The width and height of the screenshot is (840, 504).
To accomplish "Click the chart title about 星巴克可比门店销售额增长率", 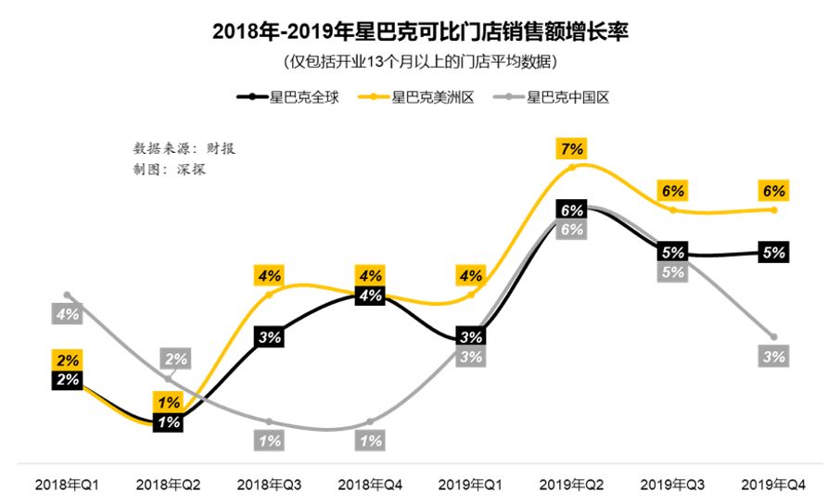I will pos(420,31).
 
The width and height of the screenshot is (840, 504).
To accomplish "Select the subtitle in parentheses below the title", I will pos(420,62).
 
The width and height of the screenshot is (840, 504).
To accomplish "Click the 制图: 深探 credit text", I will pos(170,170).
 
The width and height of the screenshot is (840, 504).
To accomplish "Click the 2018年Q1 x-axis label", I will pos(68,485).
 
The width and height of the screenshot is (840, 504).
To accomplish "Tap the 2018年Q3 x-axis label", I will pos(270,485).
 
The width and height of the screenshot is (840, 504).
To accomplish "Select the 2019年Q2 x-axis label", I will pos(572,485).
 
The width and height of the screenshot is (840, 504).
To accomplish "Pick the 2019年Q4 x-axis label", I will pos(774,485).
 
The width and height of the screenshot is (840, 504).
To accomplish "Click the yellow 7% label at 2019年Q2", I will pos(572,148).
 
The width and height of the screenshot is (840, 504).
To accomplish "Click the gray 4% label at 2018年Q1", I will pos(68,315).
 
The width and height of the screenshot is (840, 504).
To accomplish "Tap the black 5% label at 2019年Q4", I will pos(774,252).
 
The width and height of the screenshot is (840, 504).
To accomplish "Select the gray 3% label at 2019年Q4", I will pos(774,357).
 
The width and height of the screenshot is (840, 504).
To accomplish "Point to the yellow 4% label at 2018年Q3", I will pos(270,275).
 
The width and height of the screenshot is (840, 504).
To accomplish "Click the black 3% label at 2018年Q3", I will pos(270,337).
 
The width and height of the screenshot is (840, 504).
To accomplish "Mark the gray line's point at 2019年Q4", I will pos(774,336).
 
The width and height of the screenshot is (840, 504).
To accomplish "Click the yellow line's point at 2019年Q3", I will pos(673,210).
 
